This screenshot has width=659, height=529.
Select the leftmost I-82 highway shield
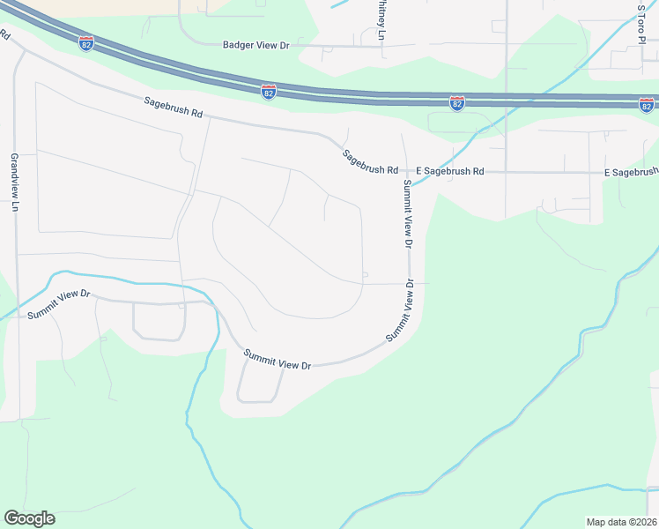(85, 44)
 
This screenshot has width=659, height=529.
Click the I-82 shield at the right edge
(646, 104)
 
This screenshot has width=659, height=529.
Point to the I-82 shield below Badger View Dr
(269, 91)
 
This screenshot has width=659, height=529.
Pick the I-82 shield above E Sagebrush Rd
(456, 104)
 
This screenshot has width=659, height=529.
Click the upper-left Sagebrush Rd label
(174, 108)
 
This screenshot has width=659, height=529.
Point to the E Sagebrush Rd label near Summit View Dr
(450, 171)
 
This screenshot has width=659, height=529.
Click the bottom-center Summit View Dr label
(278, 359)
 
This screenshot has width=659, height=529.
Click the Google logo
(29, 518)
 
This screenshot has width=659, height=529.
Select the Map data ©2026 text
(621, 522)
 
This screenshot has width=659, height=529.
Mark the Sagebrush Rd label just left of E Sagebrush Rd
(371, 160)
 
